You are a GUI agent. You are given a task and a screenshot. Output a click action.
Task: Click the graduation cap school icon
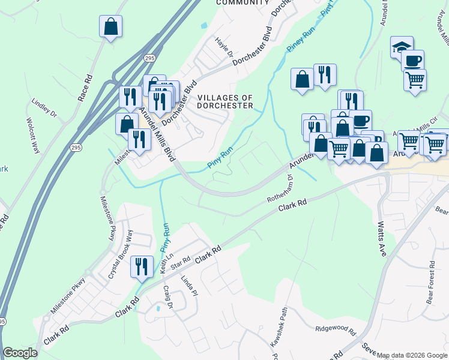click(x=402, y=47)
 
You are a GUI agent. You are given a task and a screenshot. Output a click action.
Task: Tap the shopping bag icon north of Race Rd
click(x=111, y=26)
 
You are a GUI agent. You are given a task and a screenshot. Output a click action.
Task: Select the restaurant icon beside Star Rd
click(x=142, y=266)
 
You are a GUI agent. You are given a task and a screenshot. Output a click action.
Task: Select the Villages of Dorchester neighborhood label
click(x=225, y=101)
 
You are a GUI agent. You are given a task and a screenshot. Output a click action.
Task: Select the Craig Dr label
click(x=168, y=297)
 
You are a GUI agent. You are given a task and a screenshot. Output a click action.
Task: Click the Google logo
click(x=20, y=353)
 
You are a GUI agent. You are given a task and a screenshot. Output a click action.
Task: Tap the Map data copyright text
click(x=412, y=355)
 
